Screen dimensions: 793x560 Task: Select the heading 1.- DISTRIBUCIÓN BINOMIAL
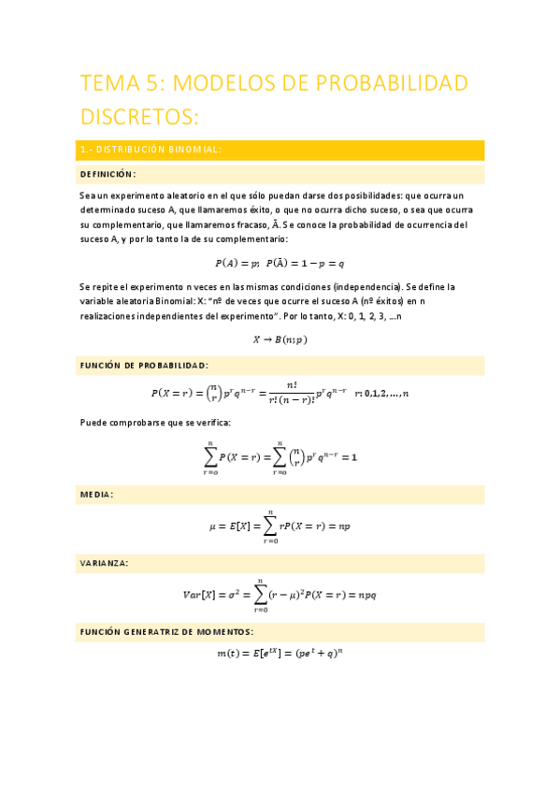[151, 150]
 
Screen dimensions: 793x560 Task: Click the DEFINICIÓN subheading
[108, 174]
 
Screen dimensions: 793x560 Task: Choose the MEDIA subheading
[97, 494]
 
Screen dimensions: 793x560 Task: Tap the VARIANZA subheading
[105, 563]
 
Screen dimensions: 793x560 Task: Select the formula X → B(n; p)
[280, 339]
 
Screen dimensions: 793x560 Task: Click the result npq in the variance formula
[361, 594]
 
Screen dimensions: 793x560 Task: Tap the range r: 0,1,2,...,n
[381, 394]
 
